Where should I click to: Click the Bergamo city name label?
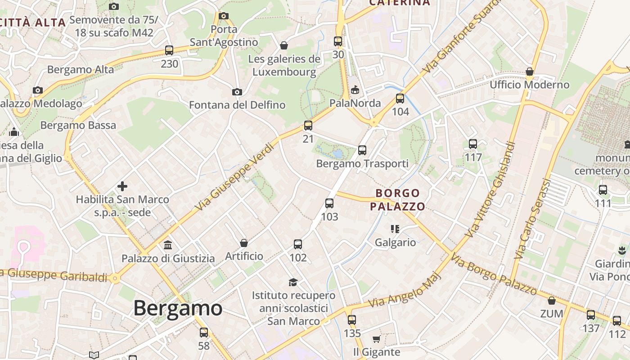pyautogui.click(x=178, y=309)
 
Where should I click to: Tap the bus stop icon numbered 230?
pyautogui.click(x=169, y=50)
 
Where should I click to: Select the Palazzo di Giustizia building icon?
pyautogui.click(x=168, y=245)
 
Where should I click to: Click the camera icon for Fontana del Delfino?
pyautogui.click(x=237, y=92)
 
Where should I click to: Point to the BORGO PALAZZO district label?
pyautogui.click(x=397, y=200)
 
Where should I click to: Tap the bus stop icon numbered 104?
pyautogui.click(x=400, y=99)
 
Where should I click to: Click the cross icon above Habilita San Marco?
pyautogui.click(x=122, y=186)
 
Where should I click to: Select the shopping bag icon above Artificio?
pyautogui.click(x=244, y=243)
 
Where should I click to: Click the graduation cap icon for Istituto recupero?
pyautogui.click(x=293, y=282)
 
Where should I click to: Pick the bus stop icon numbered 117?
pyautogui.click(x=473, y=144)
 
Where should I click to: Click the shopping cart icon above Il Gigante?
pyautogui.click(x=376, y=339)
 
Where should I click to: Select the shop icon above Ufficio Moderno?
pyautogui.click(x=530, y=72)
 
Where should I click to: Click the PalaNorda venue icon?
pyautogui.click(x=355, y=90)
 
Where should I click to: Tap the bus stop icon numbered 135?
pyautogui.click(x=352, y=320)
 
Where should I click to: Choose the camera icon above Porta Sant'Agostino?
pyautogui.click(x=224, y=16)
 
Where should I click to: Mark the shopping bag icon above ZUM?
pyautogui.click(x=552, y=301)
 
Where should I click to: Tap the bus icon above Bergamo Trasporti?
pyautogui.click(x=362, y=150)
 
